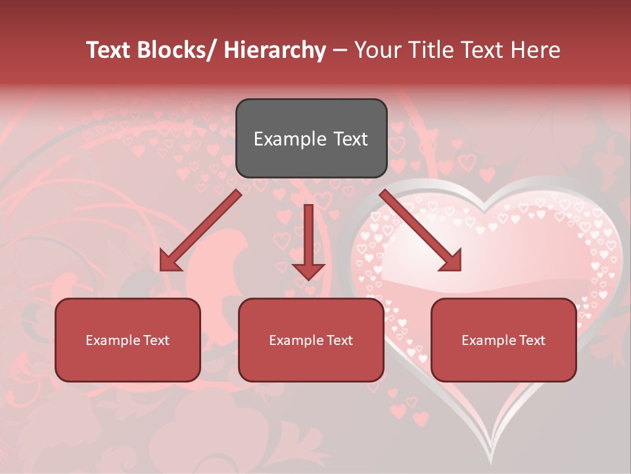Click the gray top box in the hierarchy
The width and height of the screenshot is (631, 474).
click(x=311, y=138)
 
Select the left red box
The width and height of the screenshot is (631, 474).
click(x=128, y=340)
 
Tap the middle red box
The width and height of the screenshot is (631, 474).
click(x=311, y=340)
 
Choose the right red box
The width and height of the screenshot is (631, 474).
click(x=503, y=340)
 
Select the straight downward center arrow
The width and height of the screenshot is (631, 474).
click(x=308, y=237)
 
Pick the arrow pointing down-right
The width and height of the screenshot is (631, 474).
click(x=421, y=230)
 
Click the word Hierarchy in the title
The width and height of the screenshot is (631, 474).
click(x=274, y=50)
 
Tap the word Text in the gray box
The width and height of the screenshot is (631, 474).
click(x=350, y=139)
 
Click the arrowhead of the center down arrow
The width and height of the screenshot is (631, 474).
click(x=308, y=271)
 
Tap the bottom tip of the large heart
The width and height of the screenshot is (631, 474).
click(x=490, y=461)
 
